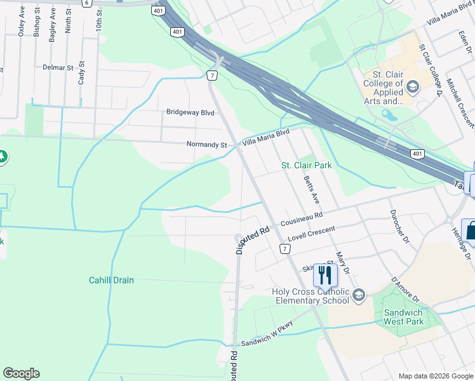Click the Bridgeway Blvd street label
(190, 112)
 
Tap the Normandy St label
(206, 145)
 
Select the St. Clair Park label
(307, 165)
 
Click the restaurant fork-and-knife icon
(325, 274)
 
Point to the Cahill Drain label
(111, 280)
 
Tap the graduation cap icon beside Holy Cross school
(359, 294)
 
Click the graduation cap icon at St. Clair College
(413, 86)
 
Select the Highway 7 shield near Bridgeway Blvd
(212, 76)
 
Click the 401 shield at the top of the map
(157, 11)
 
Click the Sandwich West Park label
(404, 317)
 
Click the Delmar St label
(58, 67)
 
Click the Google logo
(21, 373)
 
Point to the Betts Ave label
(311, 189)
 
